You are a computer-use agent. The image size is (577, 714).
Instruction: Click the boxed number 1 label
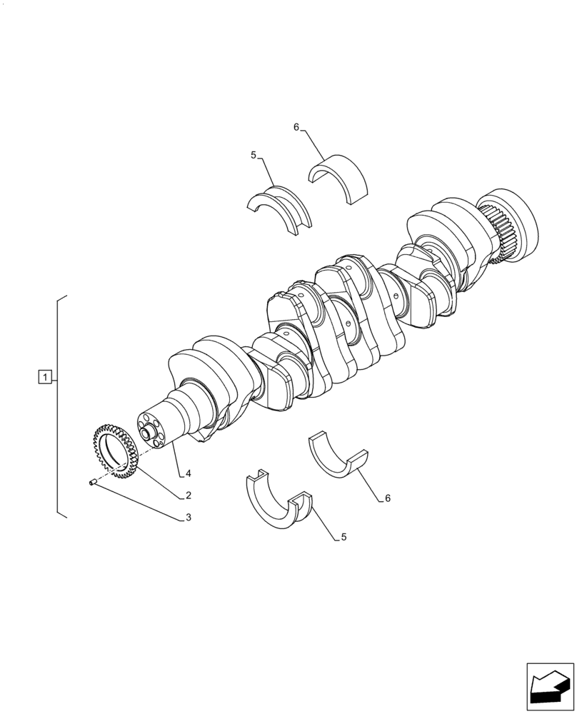click(44, 376)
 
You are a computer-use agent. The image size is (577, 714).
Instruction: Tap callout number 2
click(188, 495)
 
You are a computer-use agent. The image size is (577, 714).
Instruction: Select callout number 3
click(188, 518)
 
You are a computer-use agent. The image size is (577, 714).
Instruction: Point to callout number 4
click(188, 473)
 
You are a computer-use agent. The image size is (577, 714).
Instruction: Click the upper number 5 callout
click(253, 154)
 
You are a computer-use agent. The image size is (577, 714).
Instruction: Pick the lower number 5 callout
click(343, 537)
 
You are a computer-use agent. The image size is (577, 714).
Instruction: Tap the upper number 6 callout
click(296, 127)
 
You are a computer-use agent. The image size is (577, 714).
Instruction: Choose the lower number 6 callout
click(388, 498)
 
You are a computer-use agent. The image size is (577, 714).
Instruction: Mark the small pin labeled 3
click(93, 483)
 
